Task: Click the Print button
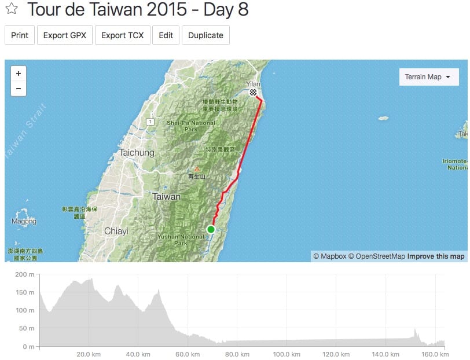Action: tap(20, 35)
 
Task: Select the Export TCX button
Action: tap(122, 35)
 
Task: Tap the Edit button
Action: tap(166, 35)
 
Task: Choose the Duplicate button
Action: tap(205, 35)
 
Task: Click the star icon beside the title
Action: tap(12, 10)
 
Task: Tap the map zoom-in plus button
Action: tap(19, 74)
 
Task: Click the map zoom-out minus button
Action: tap(19, 89)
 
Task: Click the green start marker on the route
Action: tap(211, 230)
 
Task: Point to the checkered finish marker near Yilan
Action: tap(253, 93)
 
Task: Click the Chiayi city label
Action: tap(116, 231)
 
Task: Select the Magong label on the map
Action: tap(24, 221)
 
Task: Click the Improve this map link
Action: tap(435, 256)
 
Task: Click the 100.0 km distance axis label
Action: tap(286, 354)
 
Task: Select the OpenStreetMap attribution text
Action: tap(376, 256)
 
